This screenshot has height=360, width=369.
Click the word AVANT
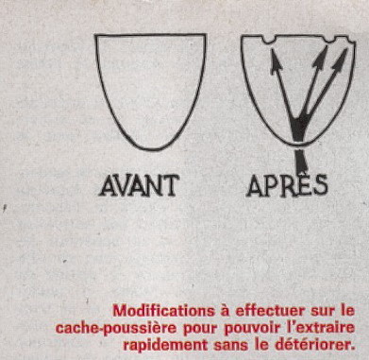[x=140, y=186]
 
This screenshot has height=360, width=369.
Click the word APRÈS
[x=287, y=186]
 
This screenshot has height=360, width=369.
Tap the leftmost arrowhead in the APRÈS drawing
[x=276, y=60]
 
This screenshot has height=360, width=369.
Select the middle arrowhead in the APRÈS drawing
[x=321, y=58]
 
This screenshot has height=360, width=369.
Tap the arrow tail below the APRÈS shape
[x=301, y=162]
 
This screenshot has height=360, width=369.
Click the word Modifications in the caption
[x=164, y=311]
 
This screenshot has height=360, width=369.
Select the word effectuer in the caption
[x=270, y=311]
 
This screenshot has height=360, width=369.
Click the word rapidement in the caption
[x=165, y=345]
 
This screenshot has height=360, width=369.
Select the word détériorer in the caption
[x=314, y=345]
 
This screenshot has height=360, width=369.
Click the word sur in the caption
[x=322, y=312]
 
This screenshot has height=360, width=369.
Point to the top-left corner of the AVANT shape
[x=95, y=35]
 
